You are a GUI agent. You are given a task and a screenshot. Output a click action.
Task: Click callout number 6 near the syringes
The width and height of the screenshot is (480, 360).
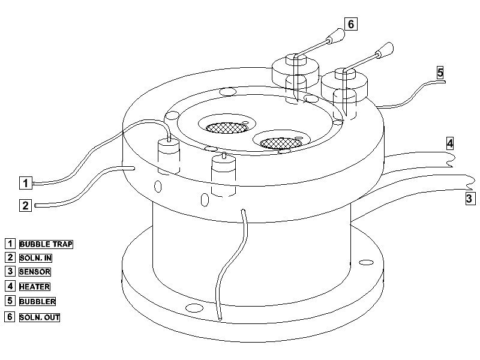coord(351,24)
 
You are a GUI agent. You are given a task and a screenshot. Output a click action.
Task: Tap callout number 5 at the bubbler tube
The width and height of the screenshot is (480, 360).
coord(440,73)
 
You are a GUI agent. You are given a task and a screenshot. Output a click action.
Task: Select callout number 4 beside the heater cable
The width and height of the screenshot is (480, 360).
coord(449,143)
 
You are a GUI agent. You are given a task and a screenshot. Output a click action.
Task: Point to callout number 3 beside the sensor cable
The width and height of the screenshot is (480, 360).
coord(470,199)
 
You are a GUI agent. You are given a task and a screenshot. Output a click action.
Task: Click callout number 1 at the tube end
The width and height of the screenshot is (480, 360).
coord(25,183)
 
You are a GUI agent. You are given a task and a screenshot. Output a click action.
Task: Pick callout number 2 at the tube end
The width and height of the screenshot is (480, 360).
coord(25,205)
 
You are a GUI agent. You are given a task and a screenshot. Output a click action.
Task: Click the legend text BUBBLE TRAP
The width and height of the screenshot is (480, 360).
coord(46,244)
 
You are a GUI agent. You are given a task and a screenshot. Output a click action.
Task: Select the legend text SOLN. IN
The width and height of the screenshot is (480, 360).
coord(35,258)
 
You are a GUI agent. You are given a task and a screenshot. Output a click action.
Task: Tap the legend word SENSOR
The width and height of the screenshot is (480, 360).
coord(35,272)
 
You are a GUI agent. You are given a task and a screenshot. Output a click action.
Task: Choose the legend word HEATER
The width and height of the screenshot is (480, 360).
coord(35,287)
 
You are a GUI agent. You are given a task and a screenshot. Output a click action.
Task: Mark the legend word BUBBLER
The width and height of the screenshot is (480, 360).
coord(37,302)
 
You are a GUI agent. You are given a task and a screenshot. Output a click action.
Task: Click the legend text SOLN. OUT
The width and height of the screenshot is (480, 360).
coord(40,317)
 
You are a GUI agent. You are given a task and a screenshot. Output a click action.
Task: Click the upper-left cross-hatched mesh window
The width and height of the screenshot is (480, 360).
coord(227,128)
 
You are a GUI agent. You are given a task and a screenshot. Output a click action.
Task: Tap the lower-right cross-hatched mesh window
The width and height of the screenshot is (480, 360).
coord(281,143)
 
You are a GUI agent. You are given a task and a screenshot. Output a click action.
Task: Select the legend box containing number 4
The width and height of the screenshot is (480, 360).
coord(10,286)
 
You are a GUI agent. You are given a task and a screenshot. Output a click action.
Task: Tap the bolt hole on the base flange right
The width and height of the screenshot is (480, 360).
coord(366,262)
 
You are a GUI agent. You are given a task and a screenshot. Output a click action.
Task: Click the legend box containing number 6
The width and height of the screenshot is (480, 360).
coord(10,317)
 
